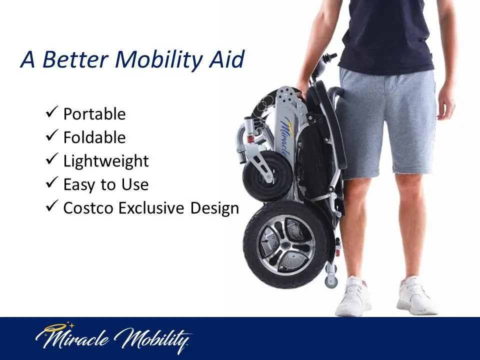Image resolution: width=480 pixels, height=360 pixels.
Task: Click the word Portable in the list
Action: tap(94, 114)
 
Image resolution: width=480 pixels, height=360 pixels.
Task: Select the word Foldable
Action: tap(94, 137)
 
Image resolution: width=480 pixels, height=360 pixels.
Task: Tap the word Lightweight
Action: tap(106, 161)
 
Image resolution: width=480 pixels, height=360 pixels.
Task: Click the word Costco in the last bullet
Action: tap(89, 208)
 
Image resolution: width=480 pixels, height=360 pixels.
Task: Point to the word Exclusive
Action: tap(151, 208)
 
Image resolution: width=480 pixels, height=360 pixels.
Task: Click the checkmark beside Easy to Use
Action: tap(52, 182)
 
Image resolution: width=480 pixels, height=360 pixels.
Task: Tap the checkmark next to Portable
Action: tap(52, 112)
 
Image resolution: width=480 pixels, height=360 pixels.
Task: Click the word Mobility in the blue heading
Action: tap(158, 59)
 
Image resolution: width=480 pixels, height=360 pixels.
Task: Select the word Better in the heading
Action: tap(75, 59)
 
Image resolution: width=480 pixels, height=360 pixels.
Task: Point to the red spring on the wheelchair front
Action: tap(250, 139)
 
